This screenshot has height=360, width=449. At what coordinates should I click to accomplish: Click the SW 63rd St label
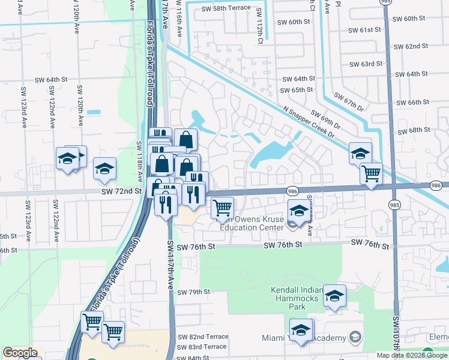tap(366, 64)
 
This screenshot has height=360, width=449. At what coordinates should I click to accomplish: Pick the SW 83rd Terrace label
tap(203, 347)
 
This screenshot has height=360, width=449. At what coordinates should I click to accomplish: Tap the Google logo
tap(20, 353)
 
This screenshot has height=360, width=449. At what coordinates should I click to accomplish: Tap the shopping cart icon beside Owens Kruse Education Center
tap(223, 208)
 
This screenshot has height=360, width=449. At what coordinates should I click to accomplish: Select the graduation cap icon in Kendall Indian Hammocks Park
tap(334, 295)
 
